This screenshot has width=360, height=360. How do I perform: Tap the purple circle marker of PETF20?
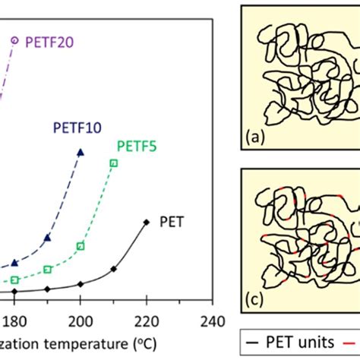14,39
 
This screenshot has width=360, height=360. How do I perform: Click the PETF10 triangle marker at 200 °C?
81,153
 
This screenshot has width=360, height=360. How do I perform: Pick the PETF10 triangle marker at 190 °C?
47,238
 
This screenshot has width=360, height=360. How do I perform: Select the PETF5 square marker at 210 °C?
113,163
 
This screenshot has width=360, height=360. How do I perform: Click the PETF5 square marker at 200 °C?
81,245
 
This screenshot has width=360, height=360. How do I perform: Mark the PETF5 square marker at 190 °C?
47,270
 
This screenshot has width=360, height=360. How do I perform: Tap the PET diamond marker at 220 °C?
147,222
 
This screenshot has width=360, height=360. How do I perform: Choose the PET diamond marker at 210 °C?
113,269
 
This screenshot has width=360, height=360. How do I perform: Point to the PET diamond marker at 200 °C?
81,284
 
